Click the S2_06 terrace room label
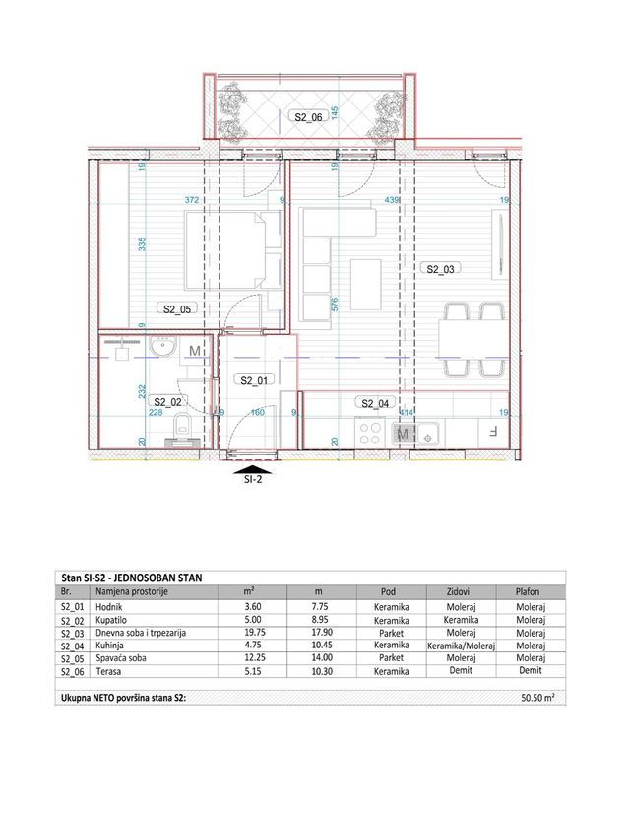point(308,116)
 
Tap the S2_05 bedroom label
point(177,308)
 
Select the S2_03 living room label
point(440,268)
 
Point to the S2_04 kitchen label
point(376,403)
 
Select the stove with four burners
point(369,432)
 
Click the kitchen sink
point(433,432)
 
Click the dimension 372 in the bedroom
point(193,201)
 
